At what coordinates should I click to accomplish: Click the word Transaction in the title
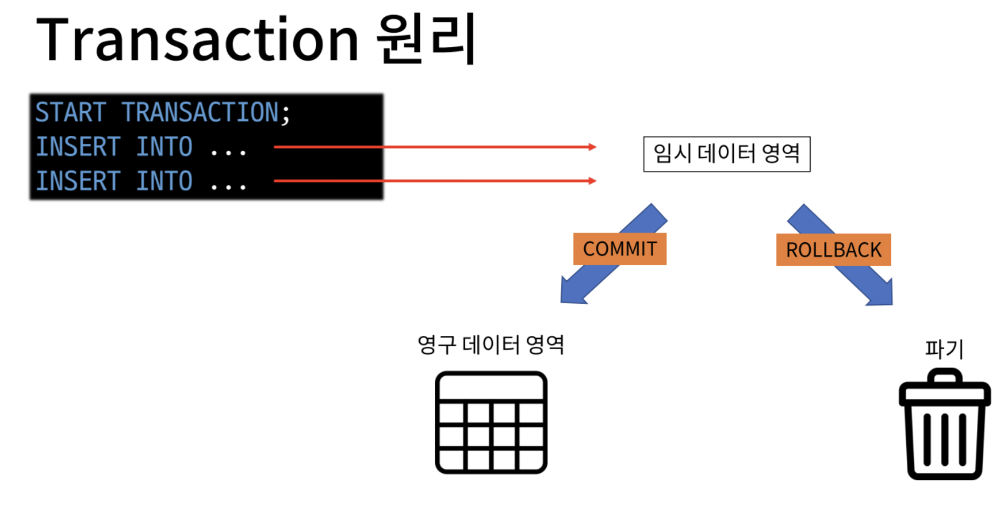pos(198,40)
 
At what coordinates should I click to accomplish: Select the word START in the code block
pos(71,113)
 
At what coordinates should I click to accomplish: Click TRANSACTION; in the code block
pos(205,113)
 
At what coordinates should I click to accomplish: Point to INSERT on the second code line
pos(78,147)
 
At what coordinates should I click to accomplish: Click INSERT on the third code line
pos(78,181)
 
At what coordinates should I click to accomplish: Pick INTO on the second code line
pos(164,147)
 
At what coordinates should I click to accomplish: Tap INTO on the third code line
pos(164,181)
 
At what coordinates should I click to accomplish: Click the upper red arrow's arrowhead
pos(592,147)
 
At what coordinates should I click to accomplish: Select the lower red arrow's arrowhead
pos(592,181)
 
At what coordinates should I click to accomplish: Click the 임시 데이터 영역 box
pos(726,155)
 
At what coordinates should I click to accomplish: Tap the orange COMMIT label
pos(620,249)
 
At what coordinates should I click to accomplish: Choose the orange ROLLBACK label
pos(833,249)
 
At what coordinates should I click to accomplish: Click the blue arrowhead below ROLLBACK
pos(881,293)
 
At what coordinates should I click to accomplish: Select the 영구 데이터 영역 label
pos(491,345)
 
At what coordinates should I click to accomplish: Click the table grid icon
pos(491,422)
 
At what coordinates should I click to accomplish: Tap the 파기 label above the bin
pos(944,349)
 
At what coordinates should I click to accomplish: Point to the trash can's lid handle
pos(944,376)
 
